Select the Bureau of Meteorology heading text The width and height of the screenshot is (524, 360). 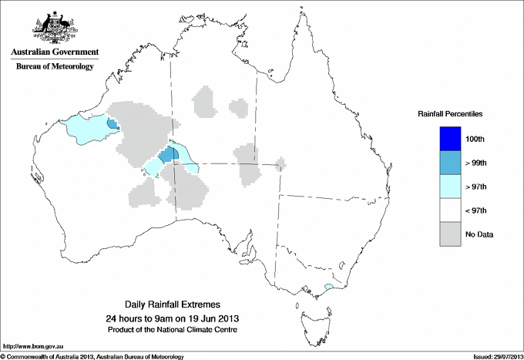[x=55, y=67]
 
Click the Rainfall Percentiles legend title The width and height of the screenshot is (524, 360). [x=450, y=114]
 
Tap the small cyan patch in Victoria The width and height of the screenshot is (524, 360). [x=329, y=287]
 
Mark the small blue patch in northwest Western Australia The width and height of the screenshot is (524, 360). [x=113, y=124]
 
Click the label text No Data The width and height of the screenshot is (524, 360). [x=478, y=234]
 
